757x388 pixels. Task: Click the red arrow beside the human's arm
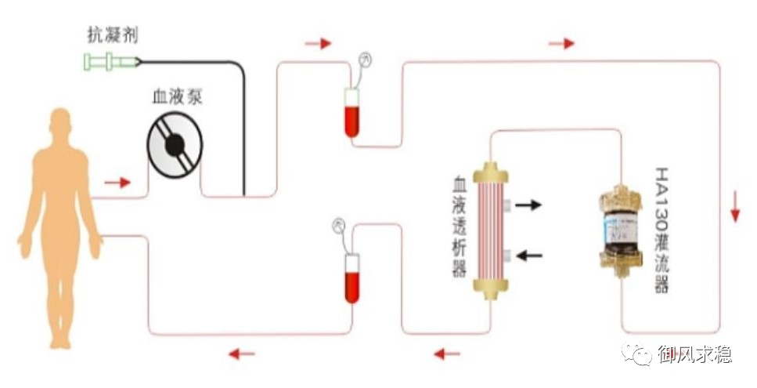coord(117,183)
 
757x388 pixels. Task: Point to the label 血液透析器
coord(460,227)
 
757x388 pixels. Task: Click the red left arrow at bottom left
coord(242,354)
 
